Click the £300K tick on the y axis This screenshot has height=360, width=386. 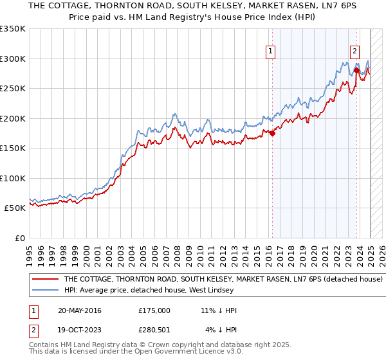[x=13, y=59]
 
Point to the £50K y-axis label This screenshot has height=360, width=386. [x=15, y=208]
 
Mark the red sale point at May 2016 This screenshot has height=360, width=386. [x=272, y=133]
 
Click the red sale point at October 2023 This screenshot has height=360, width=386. [x=356, y=70]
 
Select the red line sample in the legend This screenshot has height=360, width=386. [x=46, y=280]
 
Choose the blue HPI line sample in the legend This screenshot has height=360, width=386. [x=46, y=289]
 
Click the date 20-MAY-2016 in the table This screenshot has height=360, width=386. [x=80, y=310]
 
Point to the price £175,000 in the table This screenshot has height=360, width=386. [x=154, y=310]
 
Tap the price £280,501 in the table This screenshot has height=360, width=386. [x=154, y=330]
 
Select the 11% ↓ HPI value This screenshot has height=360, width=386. [x=219, y=310]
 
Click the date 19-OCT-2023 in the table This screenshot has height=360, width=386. [x=80, y=330]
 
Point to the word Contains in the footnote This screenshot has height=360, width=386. [x=44, y=345]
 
